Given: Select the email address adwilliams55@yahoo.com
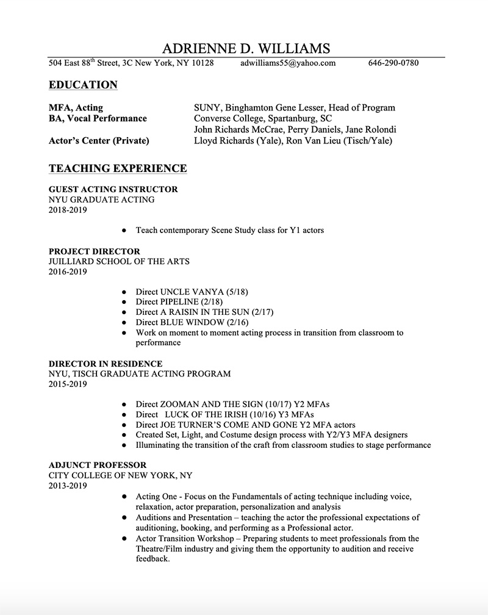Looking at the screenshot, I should pos(288,63).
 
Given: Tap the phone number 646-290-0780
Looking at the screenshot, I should pos(393,63).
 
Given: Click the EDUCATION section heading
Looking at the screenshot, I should pos(83,85).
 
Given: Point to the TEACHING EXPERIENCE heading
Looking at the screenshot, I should pos(118,168).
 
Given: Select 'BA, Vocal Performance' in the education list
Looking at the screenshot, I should pos(98,118).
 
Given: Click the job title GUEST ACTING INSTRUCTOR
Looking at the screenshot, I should pos(113,189).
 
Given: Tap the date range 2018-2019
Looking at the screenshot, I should pos(68,210).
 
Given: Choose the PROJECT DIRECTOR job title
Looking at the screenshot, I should pos(95,251).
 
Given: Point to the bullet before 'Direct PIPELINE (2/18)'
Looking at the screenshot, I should pos(124,302).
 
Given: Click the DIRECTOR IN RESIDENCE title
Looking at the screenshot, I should pos(106,364).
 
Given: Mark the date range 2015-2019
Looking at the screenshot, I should pos(68,384).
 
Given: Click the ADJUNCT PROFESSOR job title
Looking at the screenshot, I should pos(98,465).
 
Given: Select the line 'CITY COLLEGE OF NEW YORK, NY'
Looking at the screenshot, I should pos(121,475).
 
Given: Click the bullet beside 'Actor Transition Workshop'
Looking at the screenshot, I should pos(124,539).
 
